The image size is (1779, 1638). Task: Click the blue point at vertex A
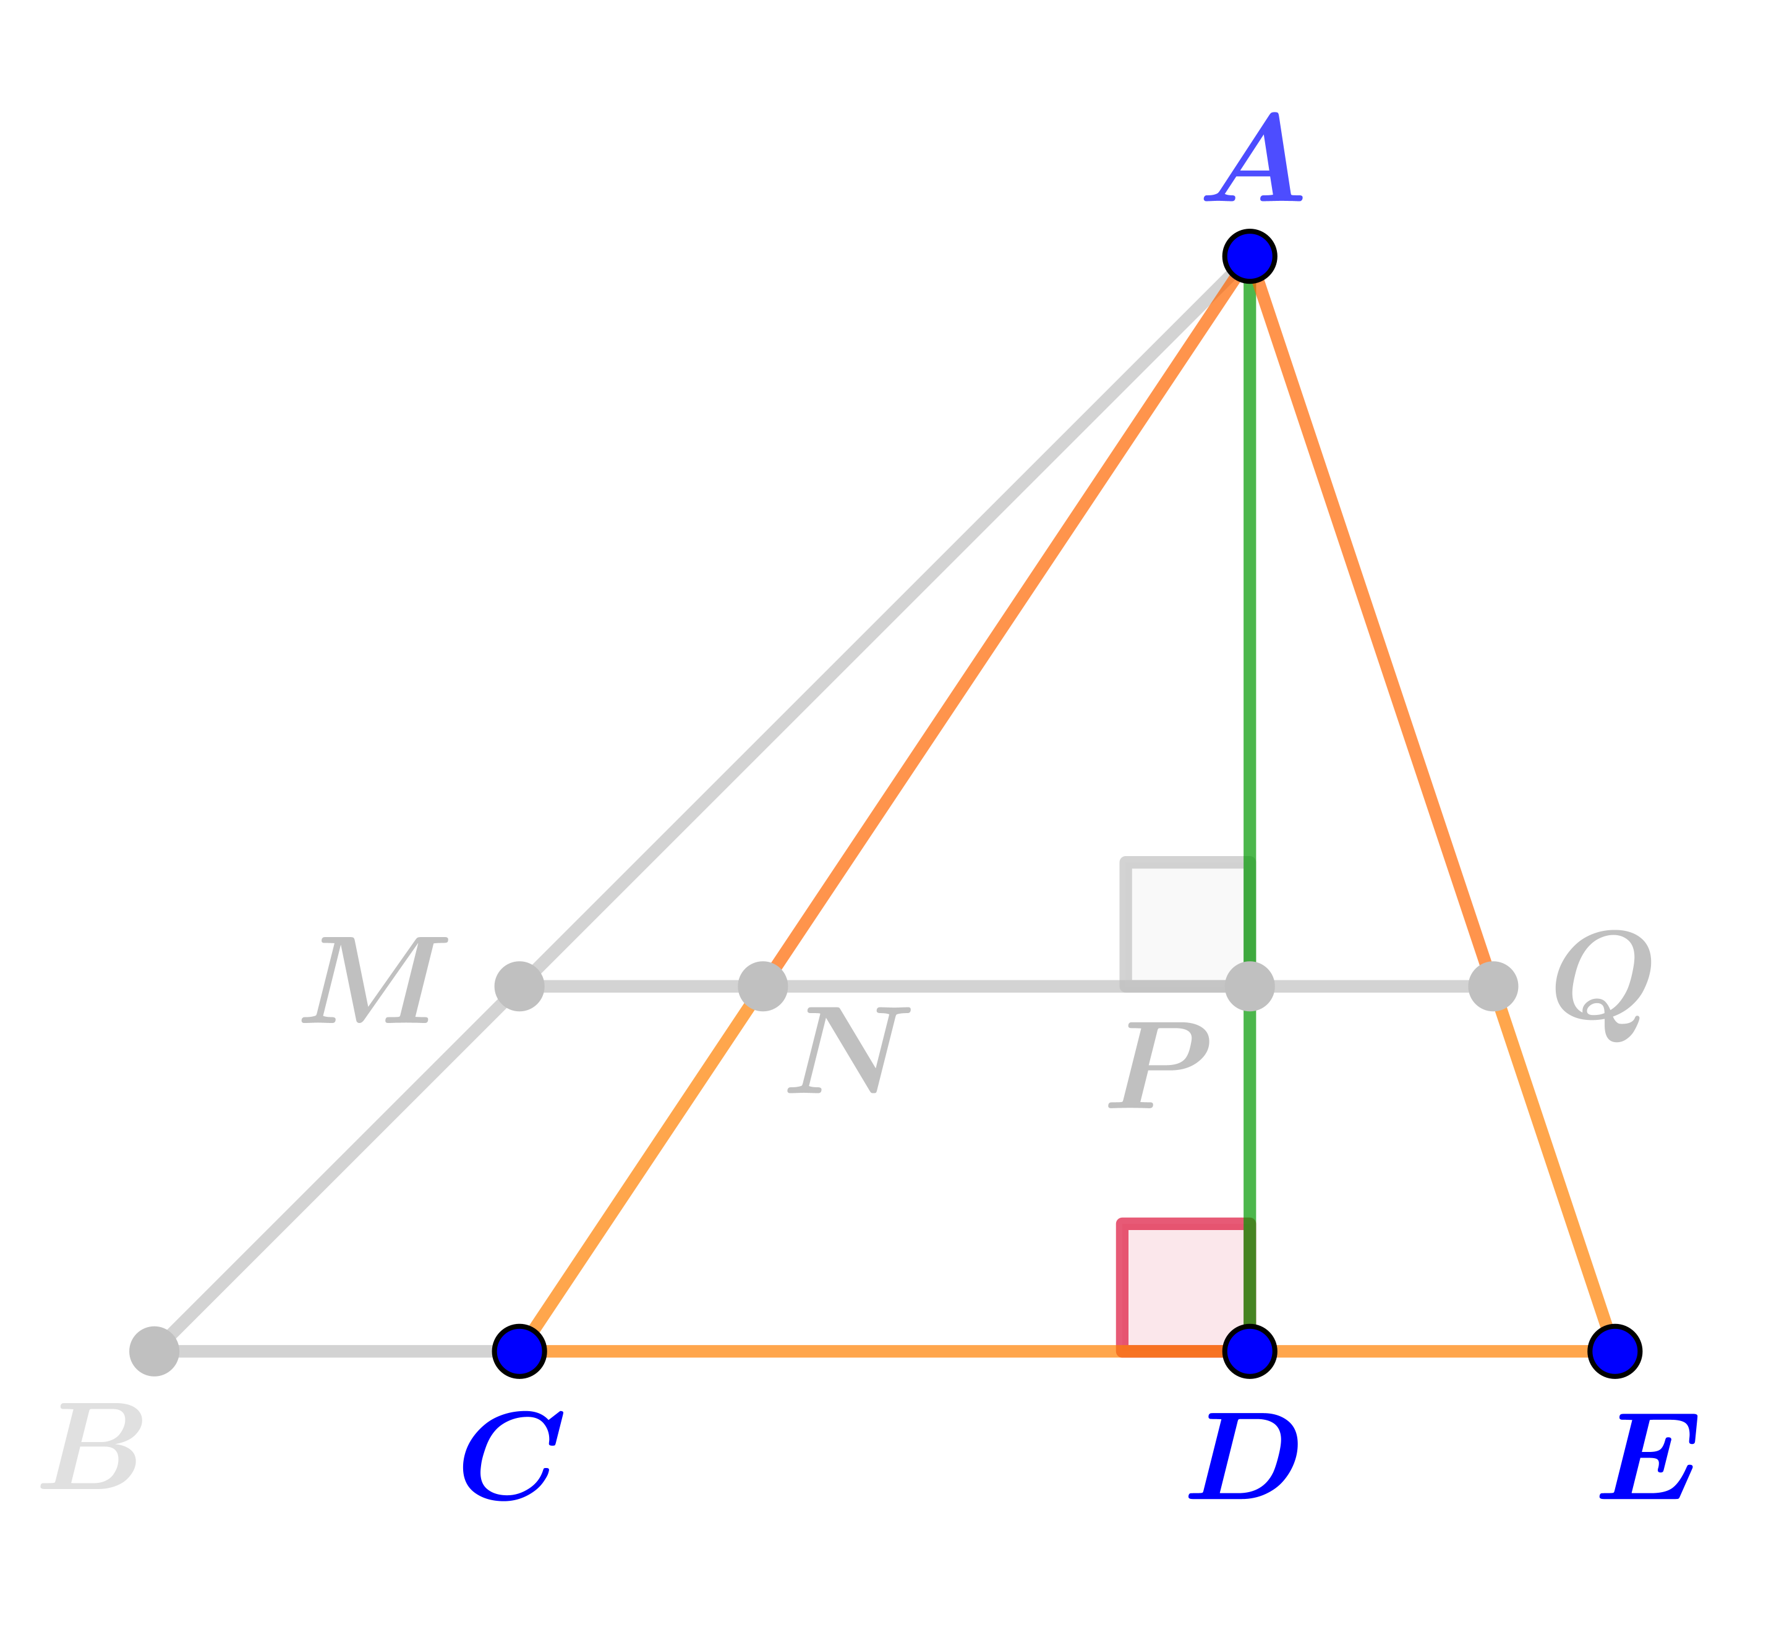[1250, 256]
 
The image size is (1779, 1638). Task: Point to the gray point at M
[519, 986]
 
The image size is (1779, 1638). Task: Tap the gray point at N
[762, 986]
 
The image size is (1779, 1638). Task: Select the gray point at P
[1250, 986]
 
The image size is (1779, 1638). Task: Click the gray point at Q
[1493, 986]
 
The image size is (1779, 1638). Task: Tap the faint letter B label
[92, 1446]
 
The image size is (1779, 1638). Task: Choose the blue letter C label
[513, 1456]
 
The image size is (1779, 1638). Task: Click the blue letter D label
[1244, 1456]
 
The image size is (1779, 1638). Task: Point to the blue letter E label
[1649, 1456]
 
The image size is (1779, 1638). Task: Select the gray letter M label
[374, 980]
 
